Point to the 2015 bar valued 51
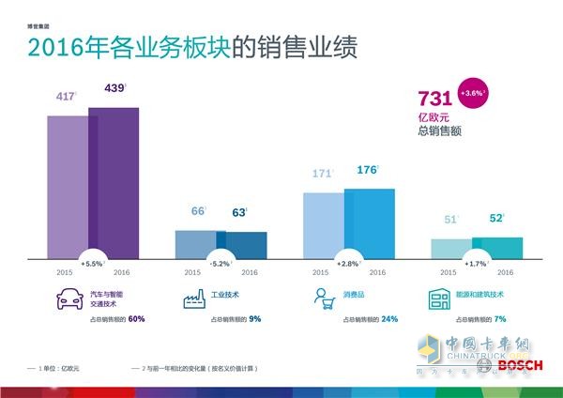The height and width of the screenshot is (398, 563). click(x=451, y=247)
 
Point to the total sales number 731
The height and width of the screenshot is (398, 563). click(x=434, y=99)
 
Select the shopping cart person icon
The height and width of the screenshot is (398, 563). click(x=323, y=299)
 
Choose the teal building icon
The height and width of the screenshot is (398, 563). click(x=440, y=299)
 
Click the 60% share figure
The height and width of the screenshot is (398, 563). click(x=137, y=319)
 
